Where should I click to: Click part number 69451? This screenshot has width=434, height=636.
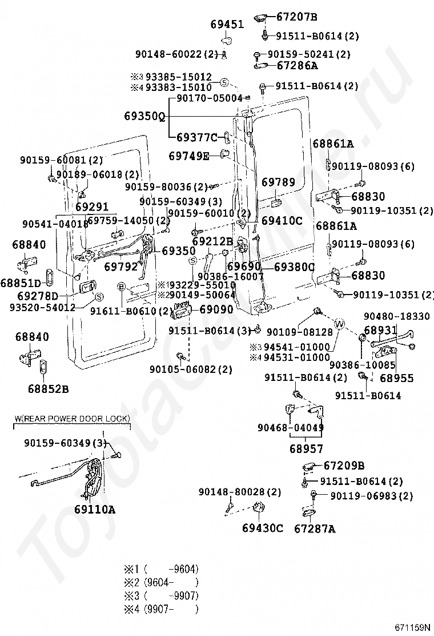click(227, 25)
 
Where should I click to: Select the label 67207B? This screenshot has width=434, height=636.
click(297, 17)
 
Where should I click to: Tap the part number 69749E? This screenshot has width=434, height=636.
click(189, 155)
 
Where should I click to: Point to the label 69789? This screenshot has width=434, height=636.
click(279, 182)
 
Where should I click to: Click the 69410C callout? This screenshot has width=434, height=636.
click(282, 220)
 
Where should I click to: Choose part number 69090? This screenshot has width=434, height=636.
click(216, 309)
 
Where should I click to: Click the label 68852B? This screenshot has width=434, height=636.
click(47, 389)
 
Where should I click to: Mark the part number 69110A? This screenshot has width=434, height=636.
click(94, 508)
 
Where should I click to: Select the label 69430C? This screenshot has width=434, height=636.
click(263, 528)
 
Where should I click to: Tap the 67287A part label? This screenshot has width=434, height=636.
click(315, 528)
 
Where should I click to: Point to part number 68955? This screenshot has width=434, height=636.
click(396, 378)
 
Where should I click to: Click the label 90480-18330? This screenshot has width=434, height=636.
click(396, 316)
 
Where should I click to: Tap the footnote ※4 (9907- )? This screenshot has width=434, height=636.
click(162, 610)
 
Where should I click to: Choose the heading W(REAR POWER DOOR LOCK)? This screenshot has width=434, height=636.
click(71, 419)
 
